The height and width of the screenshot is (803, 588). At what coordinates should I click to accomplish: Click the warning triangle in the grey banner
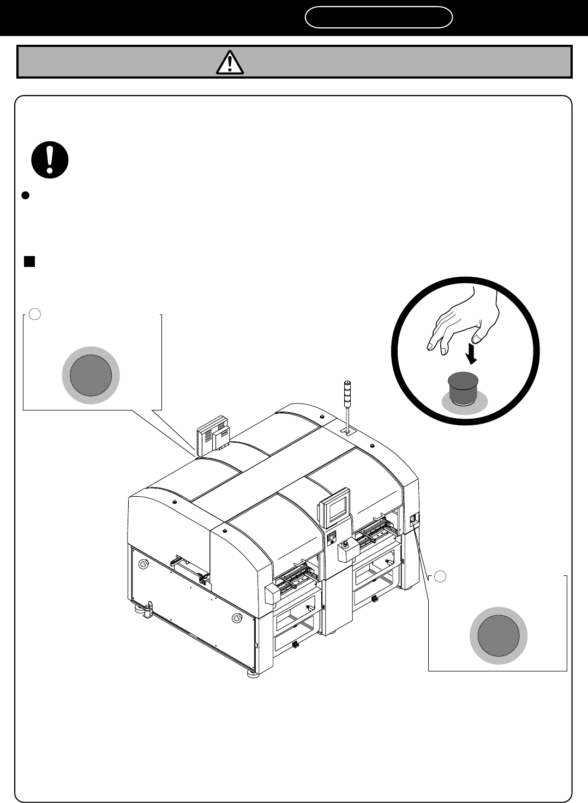[x=230, y=62]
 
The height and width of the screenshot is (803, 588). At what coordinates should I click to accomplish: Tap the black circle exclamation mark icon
[x=50, y=160]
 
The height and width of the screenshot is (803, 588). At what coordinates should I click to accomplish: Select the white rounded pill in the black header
[x=379, y=17]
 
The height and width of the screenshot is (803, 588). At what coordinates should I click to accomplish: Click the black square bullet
[x=29, y=261]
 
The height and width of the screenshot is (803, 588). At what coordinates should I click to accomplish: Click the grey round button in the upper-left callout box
[x=91, y=376]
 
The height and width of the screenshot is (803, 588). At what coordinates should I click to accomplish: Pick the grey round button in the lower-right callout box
[x=499, y=635]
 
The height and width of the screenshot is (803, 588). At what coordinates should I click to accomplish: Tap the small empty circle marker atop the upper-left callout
[x=34, y=314]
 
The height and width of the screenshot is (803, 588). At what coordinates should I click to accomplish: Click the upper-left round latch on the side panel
[x=143, y=564]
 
